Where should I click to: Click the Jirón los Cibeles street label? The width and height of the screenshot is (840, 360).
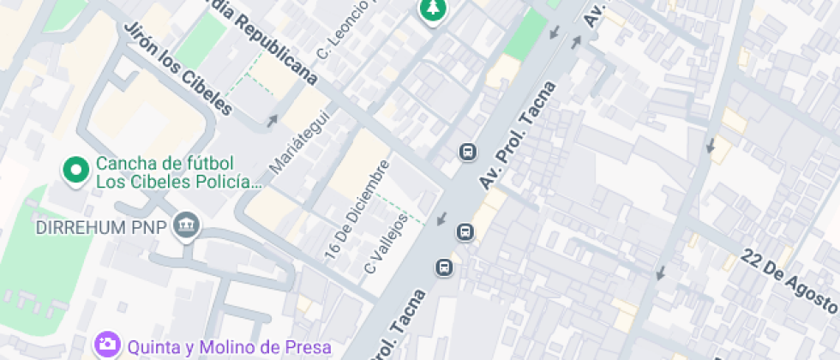(178, 67)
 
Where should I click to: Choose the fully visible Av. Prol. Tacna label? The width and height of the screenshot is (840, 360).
(519, 135)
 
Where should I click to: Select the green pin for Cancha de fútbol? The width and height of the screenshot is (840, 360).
(76, 171)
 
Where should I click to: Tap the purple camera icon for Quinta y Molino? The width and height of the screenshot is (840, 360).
(108, 345)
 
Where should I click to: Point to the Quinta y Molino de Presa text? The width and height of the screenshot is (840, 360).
(229, 347)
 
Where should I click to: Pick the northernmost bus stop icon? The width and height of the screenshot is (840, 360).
(468, 153)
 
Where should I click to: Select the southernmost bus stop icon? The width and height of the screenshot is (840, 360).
(445, 268)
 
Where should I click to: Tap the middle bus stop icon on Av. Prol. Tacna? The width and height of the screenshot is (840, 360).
(465, 231)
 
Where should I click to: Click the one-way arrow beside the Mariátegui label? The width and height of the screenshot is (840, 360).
(273, 121)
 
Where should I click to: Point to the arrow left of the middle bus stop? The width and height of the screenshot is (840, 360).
(441, 219)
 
